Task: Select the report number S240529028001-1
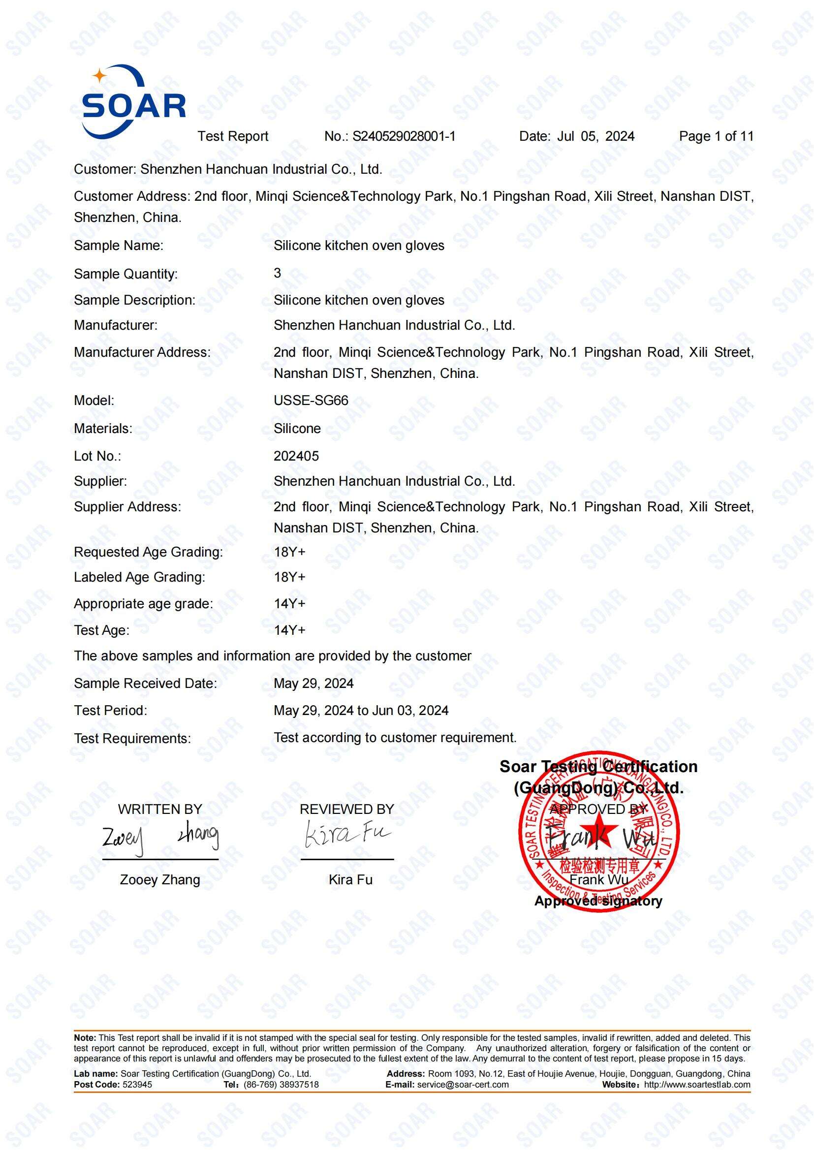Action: point(404,136)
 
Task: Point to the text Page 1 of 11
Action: point(716,136)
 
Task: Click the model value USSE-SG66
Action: point(311,401)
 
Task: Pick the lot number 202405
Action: point(296,456)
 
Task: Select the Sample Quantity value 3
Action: point(277,273)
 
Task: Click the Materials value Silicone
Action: point(297,429)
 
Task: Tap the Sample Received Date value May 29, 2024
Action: point(313,684)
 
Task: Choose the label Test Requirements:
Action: point(132,739)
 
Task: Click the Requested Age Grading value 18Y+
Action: point(289,552)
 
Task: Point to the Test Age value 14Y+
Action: point(289,630)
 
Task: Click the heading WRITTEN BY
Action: point(160,809)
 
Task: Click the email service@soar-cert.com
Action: point(462,1085)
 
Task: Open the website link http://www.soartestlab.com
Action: point(697,1085)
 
